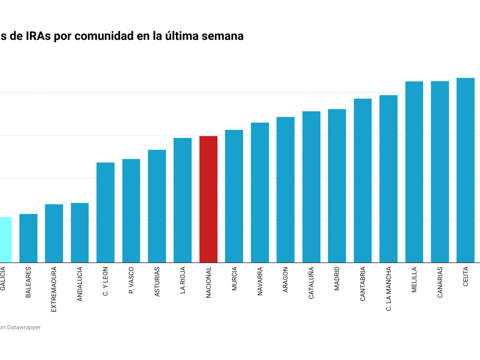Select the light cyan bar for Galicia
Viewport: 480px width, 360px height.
pos(6,240)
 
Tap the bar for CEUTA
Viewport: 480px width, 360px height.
pos(466,170)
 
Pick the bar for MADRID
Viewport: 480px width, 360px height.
pos(337,186)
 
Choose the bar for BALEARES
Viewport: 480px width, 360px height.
pos(28,238)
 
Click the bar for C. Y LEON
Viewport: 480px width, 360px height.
pos(106,212)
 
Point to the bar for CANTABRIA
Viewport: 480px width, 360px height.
pos(363,180)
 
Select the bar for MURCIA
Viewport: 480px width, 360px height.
pos(234,196)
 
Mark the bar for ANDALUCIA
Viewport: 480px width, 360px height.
pos(80,233)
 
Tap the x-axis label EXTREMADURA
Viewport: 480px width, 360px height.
pos(54,289)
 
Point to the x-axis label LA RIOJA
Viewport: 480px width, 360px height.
pos(183,280)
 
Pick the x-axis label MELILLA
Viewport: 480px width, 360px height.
pos(414,280)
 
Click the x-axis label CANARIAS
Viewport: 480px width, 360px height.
pos(440,282)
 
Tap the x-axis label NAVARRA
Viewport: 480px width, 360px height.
pos(260,281)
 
